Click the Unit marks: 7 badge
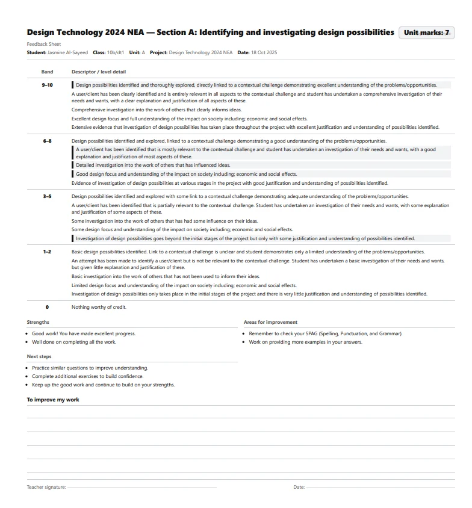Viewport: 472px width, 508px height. pos(427,33)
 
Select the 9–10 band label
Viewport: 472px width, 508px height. pos(47,85)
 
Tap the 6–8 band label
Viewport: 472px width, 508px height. pos(47,141)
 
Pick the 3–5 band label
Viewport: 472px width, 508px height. pos(47,196)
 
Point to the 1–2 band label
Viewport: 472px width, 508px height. pos(47,252)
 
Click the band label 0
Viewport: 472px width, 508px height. pos(47,307)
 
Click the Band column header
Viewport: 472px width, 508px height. pos(47,72)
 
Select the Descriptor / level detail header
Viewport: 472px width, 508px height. pos(99,72)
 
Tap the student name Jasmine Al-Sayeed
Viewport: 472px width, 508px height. pos(67,53)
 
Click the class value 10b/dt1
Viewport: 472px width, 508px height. pos(116,53)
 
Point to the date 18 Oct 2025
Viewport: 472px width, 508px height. pos(264,53)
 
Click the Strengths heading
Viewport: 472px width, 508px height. pos(38,322)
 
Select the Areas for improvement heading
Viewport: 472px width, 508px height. pos(270,322)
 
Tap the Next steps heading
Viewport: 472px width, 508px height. pos(39,356)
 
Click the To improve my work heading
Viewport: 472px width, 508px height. pos(53,400)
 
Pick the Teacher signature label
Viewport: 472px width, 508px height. pos(46,487)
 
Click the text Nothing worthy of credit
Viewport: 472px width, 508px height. pos(99,307)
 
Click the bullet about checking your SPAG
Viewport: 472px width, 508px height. pos(326,333)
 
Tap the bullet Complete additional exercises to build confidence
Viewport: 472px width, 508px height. pos(88,376)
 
